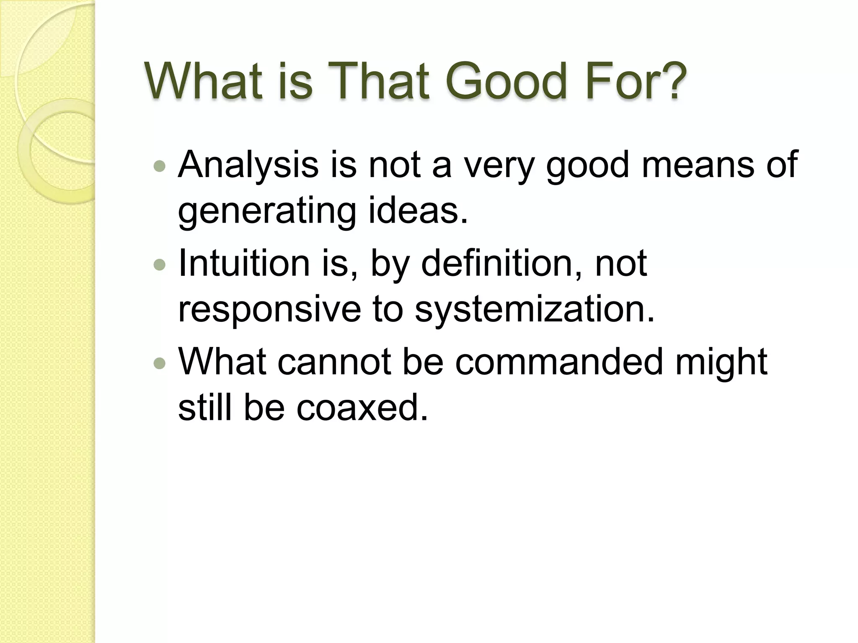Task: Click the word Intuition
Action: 244,264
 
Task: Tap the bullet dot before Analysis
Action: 160,167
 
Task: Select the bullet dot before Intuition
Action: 160,265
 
